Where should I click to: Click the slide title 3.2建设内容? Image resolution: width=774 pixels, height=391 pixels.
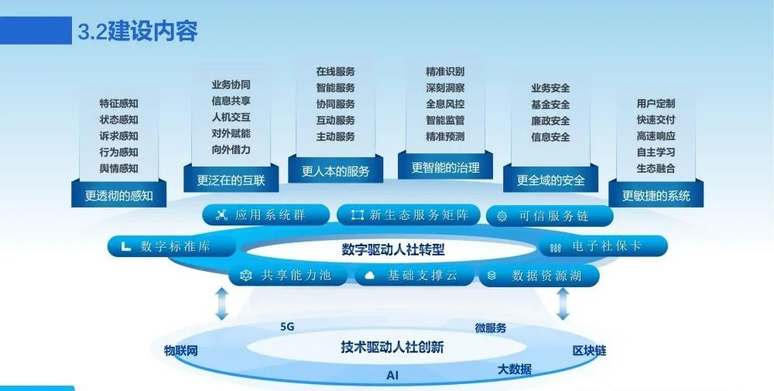tap(138, 31)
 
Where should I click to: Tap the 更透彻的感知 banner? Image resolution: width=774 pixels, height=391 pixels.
tap(119, 195)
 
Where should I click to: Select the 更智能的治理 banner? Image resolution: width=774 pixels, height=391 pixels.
tap(445, 167)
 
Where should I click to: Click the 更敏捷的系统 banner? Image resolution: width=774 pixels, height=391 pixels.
tap(656, 195)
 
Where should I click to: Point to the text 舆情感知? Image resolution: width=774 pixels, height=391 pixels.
tap(119, 168)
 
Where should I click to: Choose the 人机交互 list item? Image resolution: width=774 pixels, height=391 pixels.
tap(231, 117)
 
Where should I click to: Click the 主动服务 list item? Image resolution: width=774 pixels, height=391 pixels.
tap(336, 136)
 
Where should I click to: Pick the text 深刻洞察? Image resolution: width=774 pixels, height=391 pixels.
tap(445, 87)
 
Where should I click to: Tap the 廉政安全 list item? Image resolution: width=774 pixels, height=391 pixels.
tap(550, 121)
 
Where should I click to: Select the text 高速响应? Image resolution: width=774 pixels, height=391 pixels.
tap(656, 135)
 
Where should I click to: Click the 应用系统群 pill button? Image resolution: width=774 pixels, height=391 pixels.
tap(266, 215)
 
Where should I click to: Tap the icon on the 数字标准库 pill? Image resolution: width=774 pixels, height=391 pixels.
tap(126, 246)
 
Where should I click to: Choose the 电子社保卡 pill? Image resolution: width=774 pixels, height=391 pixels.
tap(603, 246)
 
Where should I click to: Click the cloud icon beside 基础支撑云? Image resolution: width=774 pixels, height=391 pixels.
tap(369, 276)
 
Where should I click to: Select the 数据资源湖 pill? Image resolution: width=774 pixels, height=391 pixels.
tap(539, 276)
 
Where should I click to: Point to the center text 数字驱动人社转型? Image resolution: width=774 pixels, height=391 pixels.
tap(393, 249)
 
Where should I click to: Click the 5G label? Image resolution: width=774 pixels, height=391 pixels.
tap(287, 327)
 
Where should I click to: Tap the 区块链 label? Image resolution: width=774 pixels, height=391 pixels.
tap(589, 351)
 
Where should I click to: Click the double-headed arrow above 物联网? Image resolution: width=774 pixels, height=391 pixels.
tap(222, 304)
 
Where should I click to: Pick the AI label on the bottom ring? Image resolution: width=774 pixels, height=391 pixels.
tap(392, 376)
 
